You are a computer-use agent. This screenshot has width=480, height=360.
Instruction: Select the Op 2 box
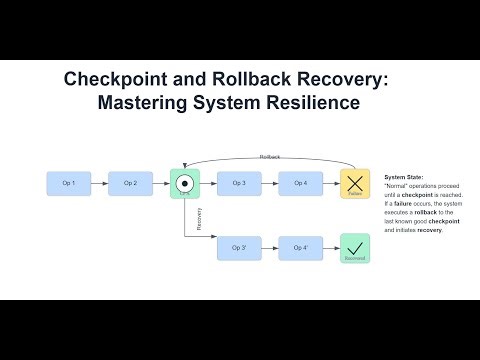(130, 183)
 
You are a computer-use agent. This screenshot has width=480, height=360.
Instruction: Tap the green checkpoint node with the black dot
(185, 183)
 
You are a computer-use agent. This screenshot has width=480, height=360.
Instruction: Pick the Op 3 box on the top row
(239, 183)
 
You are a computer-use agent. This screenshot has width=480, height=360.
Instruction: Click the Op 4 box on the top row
(299, 183)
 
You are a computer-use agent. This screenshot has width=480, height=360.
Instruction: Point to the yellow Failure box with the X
(355, 183)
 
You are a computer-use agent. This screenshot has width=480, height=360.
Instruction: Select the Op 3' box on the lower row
(239, 247)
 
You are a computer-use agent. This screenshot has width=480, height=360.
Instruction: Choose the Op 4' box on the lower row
(299, 247)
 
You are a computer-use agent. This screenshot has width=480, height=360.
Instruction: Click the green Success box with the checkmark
(355, 247)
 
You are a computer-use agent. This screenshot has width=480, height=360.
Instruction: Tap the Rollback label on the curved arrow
(270, 157)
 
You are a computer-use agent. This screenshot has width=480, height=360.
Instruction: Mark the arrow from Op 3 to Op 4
(269, 183)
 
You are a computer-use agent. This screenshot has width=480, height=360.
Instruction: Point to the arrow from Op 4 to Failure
(329, 183)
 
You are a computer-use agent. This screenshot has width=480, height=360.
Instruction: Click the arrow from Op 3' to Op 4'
(269, 247)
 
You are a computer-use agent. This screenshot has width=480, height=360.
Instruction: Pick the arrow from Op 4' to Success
(329, 247)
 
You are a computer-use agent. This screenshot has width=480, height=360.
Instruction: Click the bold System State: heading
(404, 175)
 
